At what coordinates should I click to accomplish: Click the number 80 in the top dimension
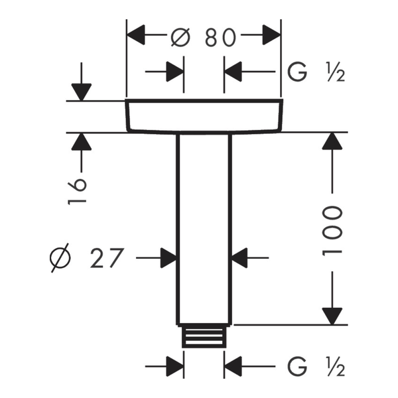[220, 38]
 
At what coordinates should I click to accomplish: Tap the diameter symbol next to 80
[180, 38]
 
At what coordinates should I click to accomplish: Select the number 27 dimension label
[107, 258]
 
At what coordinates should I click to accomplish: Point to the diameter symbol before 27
[60, 258]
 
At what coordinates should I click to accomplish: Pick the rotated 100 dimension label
[332, 231]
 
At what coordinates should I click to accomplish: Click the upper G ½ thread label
[316, 72]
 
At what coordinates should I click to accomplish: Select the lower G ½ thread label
[316, 367]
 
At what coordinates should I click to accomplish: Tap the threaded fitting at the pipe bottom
[204, 337]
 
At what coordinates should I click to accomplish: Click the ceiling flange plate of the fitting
[204, 115]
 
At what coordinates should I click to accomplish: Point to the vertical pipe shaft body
[204, 229]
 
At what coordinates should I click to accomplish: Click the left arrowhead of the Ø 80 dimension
[136, 35]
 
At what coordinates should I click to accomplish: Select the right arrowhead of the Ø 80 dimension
[271, 35]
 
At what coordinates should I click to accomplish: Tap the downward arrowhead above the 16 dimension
[81, 92]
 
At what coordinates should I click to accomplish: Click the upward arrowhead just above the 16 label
[81, 142]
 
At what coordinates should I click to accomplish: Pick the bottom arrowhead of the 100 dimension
[332, 316]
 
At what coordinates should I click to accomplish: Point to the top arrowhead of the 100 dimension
[332, 141]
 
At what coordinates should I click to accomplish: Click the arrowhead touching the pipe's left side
[168, 258]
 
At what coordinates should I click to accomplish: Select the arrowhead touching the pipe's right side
[239, 258]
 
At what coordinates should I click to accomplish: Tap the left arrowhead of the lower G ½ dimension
[175, 366]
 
